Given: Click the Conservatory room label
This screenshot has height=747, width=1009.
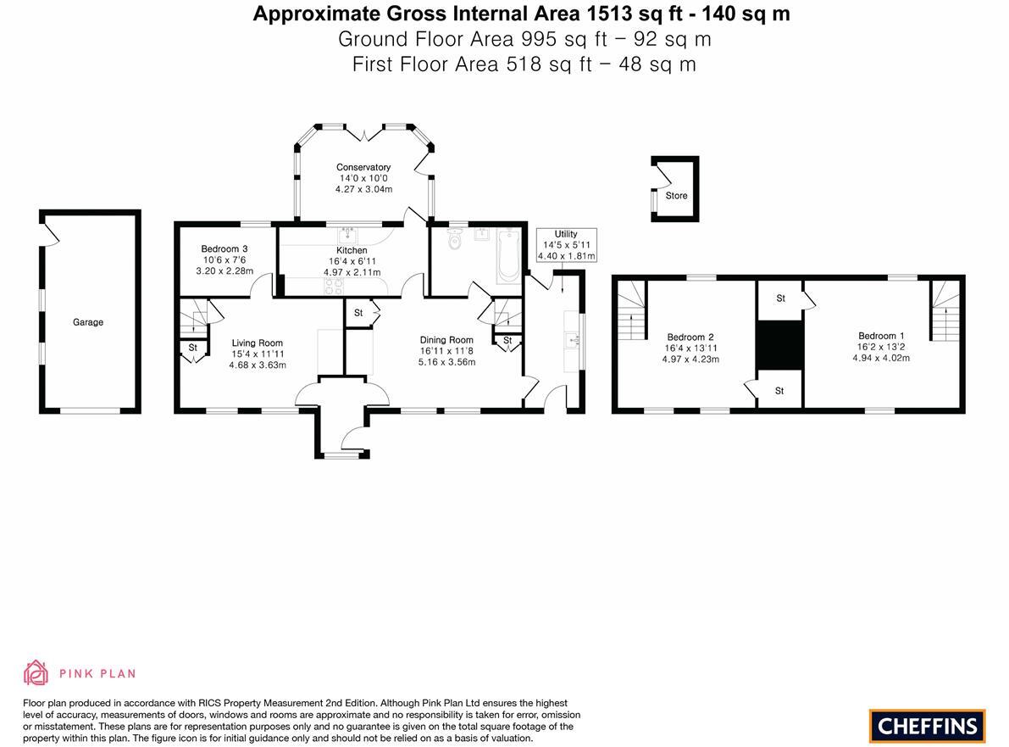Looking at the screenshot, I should pyautogui.click(x=363, y=167).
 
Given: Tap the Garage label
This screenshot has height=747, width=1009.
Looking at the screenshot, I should pyautogui.click(x=88, y=322).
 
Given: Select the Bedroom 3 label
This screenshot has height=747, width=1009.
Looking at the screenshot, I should pyautogui.click(x=225, y=248).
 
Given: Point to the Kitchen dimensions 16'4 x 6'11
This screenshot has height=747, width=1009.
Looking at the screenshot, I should pyautogui.click(x=352, y=261).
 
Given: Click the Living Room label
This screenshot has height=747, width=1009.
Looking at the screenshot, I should pyautogui.click(x=258, y=343).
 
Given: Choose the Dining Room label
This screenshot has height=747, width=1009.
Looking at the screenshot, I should pyautogui.click(x=446, y=340).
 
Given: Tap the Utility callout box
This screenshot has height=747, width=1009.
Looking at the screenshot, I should pyautogui.click(x=566, y=245).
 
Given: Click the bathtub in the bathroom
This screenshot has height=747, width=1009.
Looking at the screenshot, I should pyautogui.click(x=508, y=255).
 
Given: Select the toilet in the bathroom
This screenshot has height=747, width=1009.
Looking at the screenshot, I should pyautogui.click(x=455, y=241).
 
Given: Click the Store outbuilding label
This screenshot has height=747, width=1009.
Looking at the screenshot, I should pyautogui.click(x=676, y=196).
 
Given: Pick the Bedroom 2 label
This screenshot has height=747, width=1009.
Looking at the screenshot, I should pyautogui.click(x=690, y=337).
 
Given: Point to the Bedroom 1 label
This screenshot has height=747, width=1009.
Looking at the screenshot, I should pyautogui.click(x=881, y=336).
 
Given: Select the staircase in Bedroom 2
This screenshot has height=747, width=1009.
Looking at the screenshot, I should pyautogui.click(x=630, y=312).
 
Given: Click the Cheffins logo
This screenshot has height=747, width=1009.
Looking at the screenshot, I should pyautogui.click(x=928, y=726).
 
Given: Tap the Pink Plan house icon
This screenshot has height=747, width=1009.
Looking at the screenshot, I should pyautogui.click(x=36, y=673).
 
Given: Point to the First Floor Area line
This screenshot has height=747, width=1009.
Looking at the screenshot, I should pyautogui.click(x=524, y=64).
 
